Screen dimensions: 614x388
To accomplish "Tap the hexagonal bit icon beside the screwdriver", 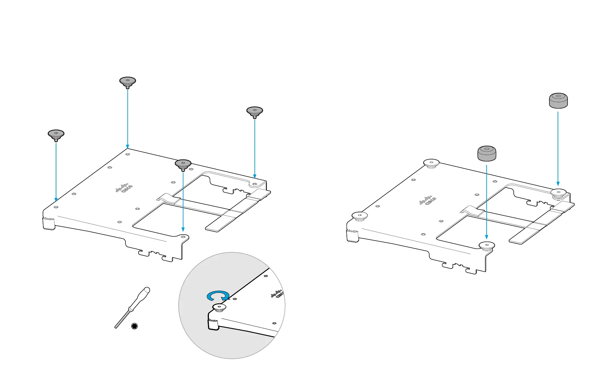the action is point(134,326).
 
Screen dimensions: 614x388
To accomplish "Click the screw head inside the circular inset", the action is point(219,307).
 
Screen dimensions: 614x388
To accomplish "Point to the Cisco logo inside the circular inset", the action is point(277,294).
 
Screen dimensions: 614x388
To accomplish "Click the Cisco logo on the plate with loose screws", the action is point(124,188).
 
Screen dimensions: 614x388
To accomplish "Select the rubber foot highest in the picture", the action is point(558,101).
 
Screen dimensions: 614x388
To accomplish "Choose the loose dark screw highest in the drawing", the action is point(128,81).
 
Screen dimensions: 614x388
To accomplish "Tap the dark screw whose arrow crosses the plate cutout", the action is point(183,165).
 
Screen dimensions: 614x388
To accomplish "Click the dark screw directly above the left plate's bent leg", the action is point(56,135).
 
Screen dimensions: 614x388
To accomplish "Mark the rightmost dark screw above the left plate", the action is point(255,112).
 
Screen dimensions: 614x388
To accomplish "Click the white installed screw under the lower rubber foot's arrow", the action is point(487,245).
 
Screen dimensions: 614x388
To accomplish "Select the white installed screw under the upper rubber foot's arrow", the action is point(558,193).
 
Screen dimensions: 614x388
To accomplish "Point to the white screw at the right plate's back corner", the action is point(431,164).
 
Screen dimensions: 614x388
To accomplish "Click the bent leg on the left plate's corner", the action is point(49,223).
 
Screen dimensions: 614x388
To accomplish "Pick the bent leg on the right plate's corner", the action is point(352,236).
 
